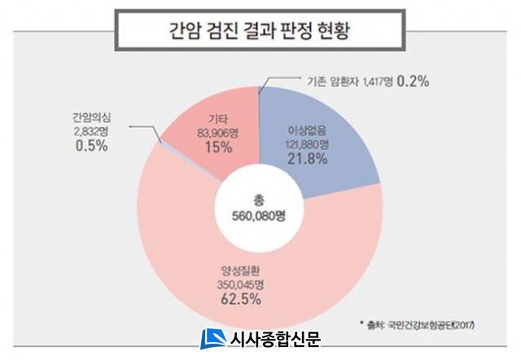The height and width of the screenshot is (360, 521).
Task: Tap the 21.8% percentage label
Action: [308, 159]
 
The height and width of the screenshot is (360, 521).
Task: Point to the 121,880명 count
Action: [307, 143]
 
